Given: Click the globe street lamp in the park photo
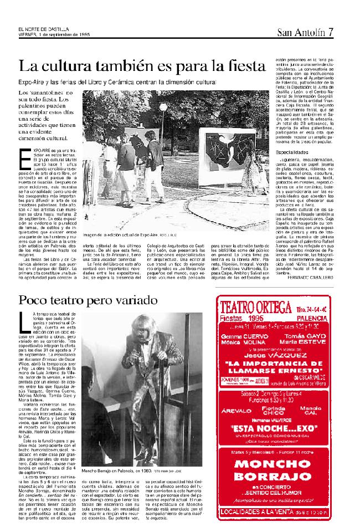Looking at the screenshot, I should tap(163, 107).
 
